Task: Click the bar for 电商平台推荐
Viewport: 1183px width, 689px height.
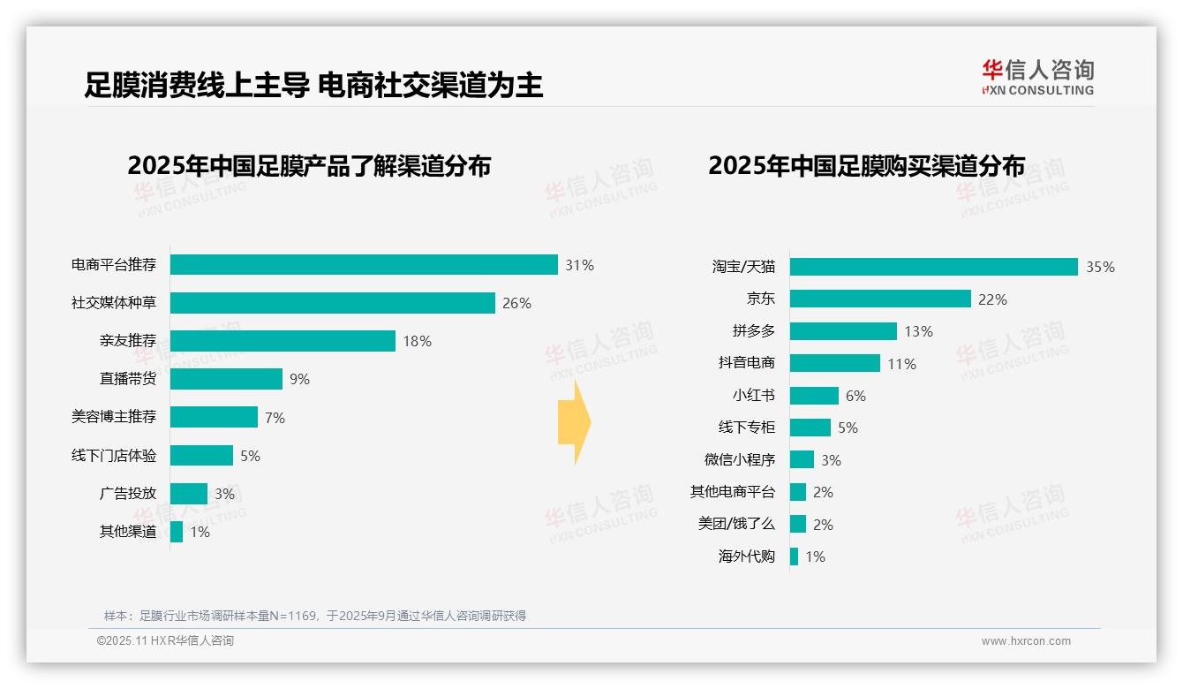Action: (364, 265)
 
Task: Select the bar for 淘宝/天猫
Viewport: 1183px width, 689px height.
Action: (933, 267)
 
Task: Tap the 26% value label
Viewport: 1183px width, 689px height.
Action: (516, 303)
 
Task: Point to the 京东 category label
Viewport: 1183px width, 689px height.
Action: (760, 299)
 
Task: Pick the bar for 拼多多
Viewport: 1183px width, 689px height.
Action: (843, 331)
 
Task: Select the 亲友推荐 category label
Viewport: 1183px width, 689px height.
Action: (128, 341)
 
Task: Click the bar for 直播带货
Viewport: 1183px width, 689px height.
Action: (226, 379)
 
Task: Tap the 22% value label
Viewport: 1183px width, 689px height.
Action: (992, 299)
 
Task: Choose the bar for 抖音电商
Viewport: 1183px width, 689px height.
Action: (834, 363)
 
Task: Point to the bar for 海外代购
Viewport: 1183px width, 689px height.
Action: (794, 556)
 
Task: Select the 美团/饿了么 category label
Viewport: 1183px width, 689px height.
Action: (736, 524)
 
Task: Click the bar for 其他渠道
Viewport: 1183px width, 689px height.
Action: (177, 532)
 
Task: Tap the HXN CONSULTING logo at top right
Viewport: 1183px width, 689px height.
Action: (1037, 78)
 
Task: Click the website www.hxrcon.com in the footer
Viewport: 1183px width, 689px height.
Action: (1026, 641)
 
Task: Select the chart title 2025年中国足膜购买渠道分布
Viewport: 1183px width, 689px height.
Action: (866, 166)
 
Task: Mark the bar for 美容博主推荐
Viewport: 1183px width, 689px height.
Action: (214, 417)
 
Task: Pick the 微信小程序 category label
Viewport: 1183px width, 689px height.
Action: (740, 459)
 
